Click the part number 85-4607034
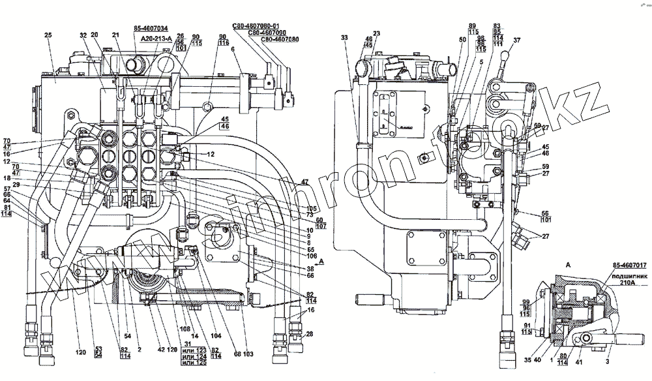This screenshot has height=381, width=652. click(x=151, y=29)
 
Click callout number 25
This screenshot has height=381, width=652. click(x=48, y=35)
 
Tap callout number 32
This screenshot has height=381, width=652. click(x=83, y=35)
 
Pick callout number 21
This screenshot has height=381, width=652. click(x=115, y=35)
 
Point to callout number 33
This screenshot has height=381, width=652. click(x=344, y=38)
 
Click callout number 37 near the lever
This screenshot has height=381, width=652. click(x=517, y=40)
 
